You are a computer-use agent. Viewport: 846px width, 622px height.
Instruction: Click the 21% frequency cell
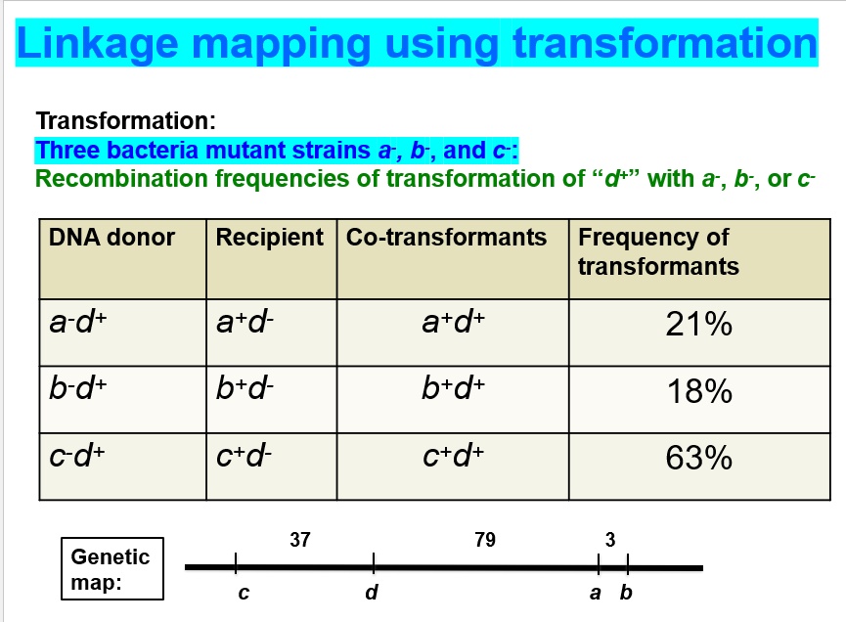pyautogui.click(x=698, y=325)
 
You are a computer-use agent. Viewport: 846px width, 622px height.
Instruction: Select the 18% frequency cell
pyautogui.click(x=698, y=392)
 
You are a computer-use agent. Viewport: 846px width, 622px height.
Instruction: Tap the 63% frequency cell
pyautogui.click(x=698, y=458)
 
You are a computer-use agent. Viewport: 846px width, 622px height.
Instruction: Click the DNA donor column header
pyautogui.click(x=111, y=238)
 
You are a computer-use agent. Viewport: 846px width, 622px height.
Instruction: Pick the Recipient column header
pyautogui.click(x=269, y=238)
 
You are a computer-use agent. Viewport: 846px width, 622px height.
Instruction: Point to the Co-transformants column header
pyautogui.click(x=446, y=238)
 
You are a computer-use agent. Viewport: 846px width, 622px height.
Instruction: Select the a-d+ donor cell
pyautogui.click(x=79, y=324)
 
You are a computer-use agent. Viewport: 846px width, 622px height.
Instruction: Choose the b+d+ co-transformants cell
pyautogui.click(x=453, y=390)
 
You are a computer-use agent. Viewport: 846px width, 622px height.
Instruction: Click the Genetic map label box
pyautogui.click(x=111, y=569)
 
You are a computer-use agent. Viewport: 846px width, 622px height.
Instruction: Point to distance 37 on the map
pyautogui.click(x=300, y=540)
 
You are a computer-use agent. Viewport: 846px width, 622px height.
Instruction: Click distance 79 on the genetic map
pyautogui.click(x=484, y=540)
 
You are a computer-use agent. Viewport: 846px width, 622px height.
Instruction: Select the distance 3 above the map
pyautogui.click(x=610, y=540)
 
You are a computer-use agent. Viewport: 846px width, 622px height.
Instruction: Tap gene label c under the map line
pyautogui.click(x=243, y=593)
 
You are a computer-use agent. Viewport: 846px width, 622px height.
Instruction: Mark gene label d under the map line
pyautogui.click(x=371, y=593)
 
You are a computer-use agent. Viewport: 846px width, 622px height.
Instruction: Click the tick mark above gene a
pyautogui.click(x=598, y=565)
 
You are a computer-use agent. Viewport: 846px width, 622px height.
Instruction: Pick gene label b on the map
pyautogui.click(x=627, y=593)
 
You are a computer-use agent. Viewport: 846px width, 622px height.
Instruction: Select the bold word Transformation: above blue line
pyautogui.click(x=125, y=121)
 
